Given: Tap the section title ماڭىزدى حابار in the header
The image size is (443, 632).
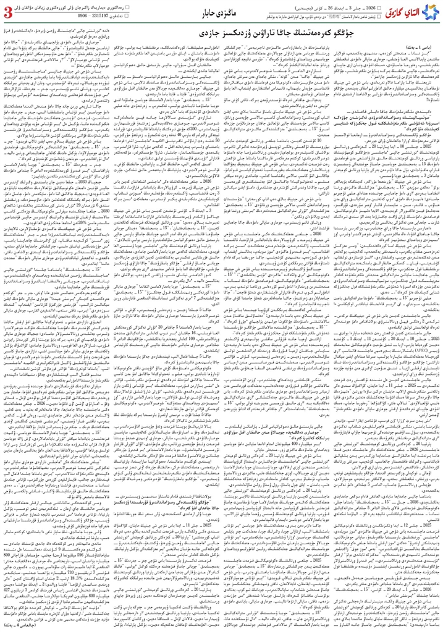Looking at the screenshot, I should tap(217, 12).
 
